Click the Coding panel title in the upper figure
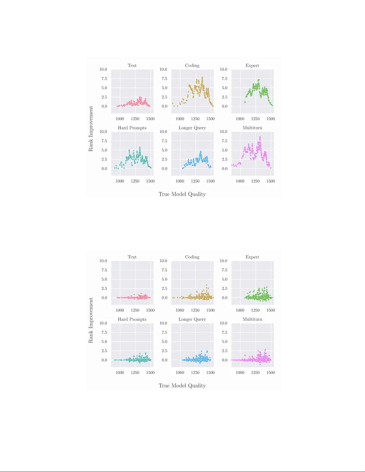[192, 66]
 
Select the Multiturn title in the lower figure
[252, 319]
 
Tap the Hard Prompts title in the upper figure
[132, 128]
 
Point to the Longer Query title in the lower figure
[192, 319]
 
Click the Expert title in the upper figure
[252, 66]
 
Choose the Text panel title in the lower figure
[132, 257]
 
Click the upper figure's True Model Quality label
[182, 194]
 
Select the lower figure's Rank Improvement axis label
[91, 320]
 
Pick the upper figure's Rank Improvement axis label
[91, 129]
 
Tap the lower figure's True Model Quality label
[182, 386]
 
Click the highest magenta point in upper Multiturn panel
[260, 137]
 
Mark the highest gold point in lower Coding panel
[206, 285]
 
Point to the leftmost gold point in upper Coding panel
[173, 103]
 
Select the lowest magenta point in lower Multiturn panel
[260, 364]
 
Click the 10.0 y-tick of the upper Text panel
[103, 69]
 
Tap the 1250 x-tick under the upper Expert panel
[255, 119]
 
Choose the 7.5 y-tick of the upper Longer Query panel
[164, 141]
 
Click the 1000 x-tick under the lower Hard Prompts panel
[120, 373]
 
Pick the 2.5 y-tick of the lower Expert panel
[224, 289]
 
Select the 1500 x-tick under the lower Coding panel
[210, 310]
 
